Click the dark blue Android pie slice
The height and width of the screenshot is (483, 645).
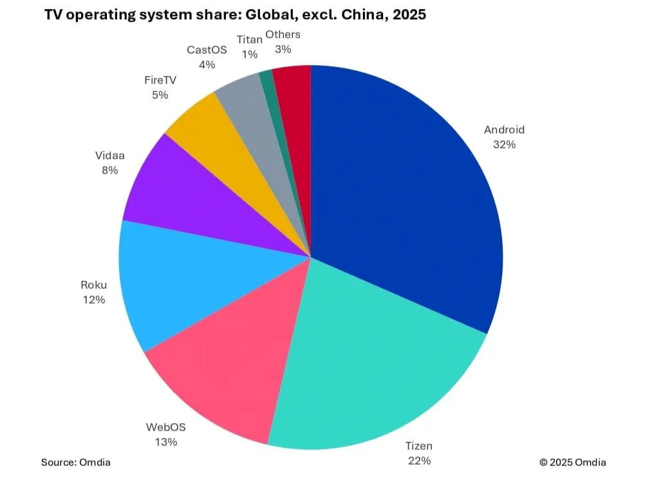tap(406, 193)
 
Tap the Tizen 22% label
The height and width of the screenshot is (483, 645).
tap(418, 453)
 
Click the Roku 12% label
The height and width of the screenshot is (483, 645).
tap(93, 292)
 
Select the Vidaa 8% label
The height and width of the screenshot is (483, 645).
tap(109, 163)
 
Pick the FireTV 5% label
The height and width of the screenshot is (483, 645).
tap(159, 88)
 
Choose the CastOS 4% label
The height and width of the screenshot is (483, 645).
tap(207, 57)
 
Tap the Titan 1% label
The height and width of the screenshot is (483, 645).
tap(250, 47)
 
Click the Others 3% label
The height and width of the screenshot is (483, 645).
tap(283, 42)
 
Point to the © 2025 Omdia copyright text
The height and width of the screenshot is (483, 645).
tap(572, 462)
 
